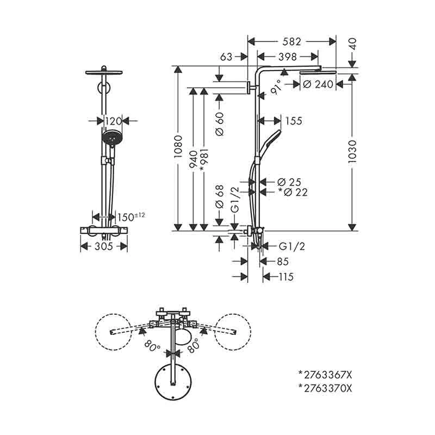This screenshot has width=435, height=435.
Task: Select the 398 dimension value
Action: [287, 57]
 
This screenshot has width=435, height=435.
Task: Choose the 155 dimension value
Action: [293, 121]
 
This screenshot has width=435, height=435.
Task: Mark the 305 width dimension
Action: [104, 246]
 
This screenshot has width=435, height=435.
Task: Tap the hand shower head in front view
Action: [111, 138]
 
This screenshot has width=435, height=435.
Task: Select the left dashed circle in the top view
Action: [113, 331]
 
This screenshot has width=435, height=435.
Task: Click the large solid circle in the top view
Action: [173, 382]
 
